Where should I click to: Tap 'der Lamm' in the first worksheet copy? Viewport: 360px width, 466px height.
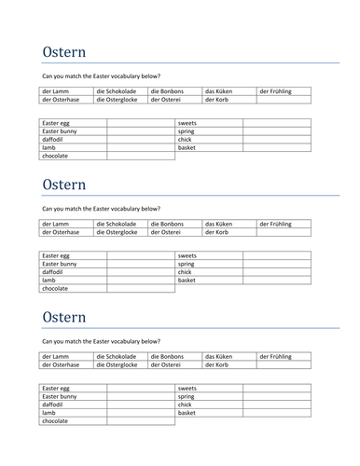click(55, 91)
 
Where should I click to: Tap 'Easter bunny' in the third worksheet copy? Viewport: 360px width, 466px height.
click(60, 396)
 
